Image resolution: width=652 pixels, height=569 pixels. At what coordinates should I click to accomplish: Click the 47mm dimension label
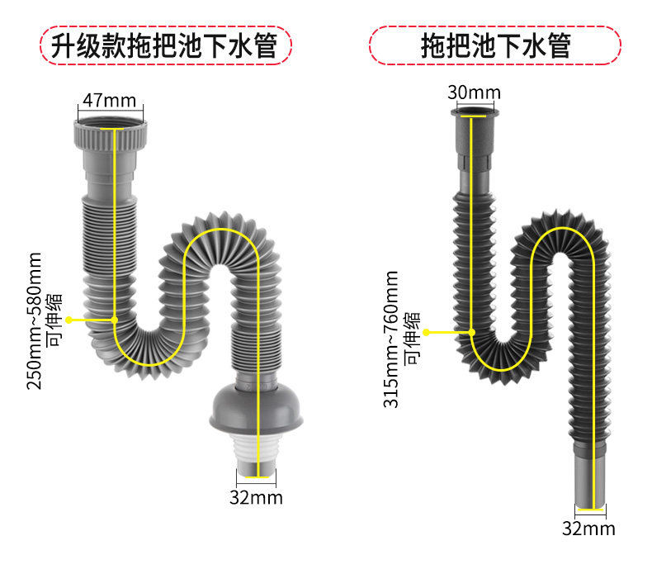point(109,101)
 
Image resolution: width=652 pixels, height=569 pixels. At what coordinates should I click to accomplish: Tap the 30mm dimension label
point(474,91)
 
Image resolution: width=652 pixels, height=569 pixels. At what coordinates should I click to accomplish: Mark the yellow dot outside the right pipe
point(426,332)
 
